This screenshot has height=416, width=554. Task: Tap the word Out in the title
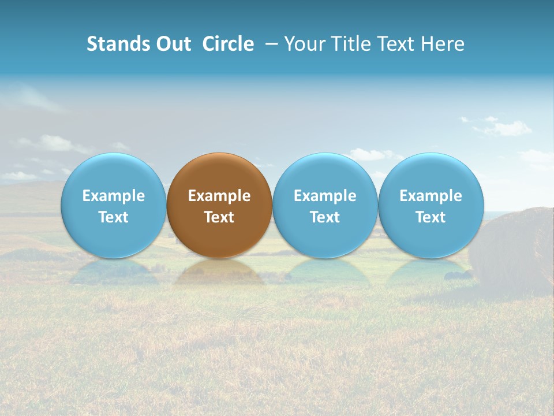pyautogui.click(x=172, y=44)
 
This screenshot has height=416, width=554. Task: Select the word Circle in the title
pyautogui.click(x=228, y=44)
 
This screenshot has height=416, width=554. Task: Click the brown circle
pyautogui.click(x=219, y=173)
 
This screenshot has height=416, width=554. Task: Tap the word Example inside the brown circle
pyautogui.click(x=219, y=196)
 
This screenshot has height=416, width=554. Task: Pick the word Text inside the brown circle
pyautogui.click(x=219, y=217)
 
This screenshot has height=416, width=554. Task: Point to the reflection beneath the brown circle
pyautogui.click(x=219, y=272)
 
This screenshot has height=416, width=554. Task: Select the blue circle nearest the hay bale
pyautogui.click(x=431, y=173)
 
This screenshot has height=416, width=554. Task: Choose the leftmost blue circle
pyautogui.click(x=113, y=173)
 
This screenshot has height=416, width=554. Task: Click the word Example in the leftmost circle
pyautogui.click(x=113, y=196)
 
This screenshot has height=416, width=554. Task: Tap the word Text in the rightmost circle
pyautogui.click(x=431, y=217)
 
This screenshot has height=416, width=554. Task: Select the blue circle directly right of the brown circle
pyautogui.click(x=325, y=173)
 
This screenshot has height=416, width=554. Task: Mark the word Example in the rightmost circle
pyautogui.click(x=431, y=196)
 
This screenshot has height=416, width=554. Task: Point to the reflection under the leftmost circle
pyautogui.click(x=113, y=272)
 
